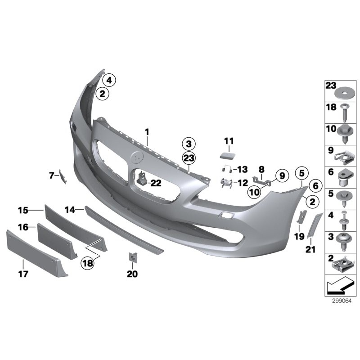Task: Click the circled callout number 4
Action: point(109,81)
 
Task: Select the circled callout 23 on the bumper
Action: point(189,158)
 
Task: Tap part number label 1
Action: point(147,132)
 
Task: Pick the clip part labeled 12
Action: point(226,183)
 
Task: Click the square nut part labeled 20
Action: point(133,256)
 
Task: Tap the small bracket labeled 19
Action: point(302,216)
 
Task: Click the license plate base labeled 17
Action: point(37,253)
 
